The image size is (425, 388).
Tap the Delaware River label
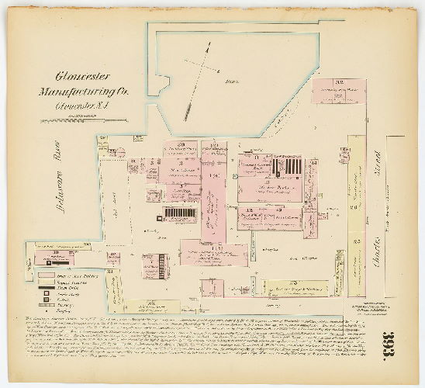(x=54, y=173)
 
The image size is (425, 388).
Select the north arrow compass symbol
(x=198, y=81)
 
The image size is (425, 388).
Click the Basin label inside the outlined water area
(x=229, y=81)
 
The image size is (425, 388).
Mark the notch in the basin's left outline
(x=161, y=81)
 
